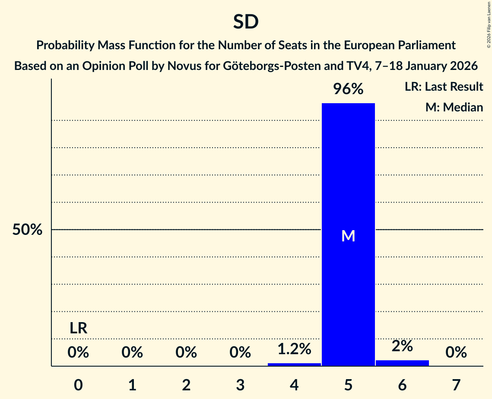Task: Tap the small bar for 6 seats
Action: point(402,363)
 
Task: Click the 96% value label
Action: point(348,89)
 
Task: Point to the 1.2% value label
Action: point(294,349)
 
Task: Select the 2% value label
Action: point(402,346)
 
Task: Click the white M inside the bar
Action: point(348,236)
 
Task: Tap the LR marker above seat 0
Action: point(79,329)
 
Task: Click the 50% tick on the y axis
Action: point(27,230)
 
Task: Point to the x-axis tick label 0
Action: point(78,385)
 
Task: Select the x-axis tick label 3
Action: point(240,385)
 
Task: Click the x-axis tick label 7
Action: point(456,385)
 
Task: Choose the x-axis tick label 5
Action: point(348,385)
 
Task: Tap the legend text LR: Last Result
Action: point(444,87)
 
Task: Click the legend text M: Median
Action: point(454,107)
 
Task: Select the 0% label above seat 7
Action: point(456,353)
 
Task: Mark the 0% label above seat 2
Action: point(186,353)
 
